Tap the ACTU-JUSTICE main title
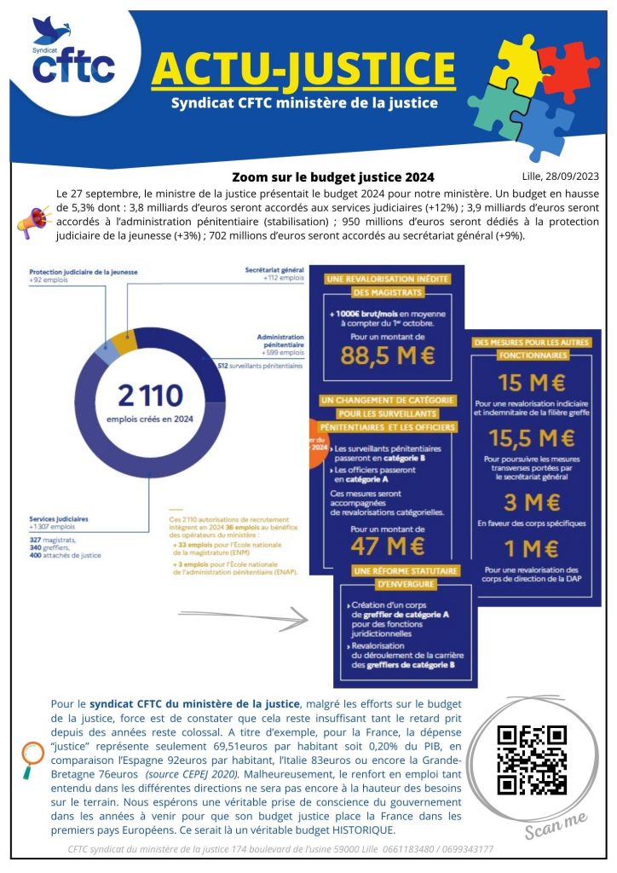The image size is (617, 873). (x=303, y=68)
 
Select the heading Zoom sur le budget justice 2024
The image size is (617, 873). (x=332, y=176)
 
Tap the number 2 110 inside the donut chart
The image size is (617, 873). (x=150, y=395)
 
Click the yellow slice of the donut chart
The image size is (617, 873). (x=124, y=342)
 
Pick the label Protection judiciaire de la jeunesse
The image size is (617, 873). (x=84, y=271)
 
